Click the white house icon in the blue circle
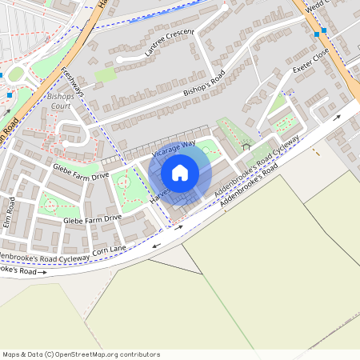point(180,172)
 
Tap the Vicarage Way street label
point(174,148)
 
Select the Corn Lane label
point(110,250)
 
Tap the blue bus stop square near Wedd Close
point(318,33)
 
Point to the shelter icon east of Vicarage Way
point(246,146)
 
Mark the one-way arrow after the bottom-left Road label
point(42,272)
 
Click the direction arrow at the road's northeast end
point(337,117)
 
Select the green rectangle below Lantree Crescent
point(105,74)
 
